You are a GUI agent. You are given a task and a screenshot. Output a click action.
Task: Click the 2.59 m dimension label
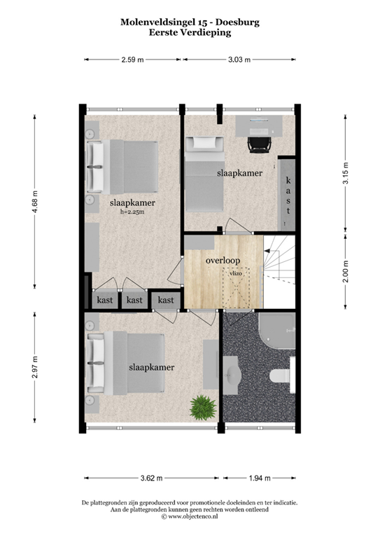click(132, 60)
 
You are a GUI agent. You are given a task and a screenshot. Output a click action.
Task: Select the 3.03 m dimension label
click(239, 60)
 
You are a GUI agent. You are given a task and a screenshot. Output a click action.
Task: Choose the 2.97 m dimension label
click(35, 368)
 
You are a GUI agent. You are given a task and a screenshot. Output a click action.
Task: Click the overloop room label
click(223, 261)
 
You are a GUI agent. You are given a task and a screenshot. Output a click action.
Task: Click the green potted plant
click(202, 407)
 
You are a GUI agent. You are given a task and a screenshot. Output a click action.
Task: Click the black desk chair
click(258, 144)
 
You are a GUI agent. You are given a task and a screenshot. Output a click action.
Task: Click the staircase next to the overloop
click(278, 270)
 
